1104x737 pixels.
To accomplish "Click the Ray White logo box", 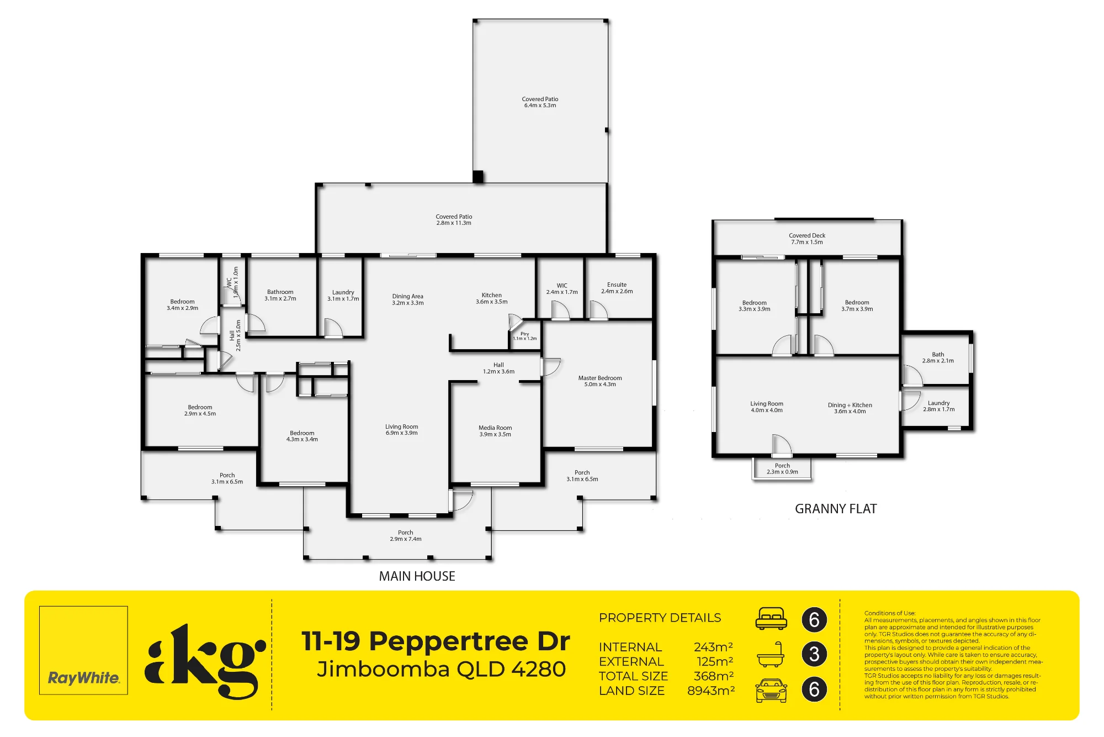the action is pos(83,650).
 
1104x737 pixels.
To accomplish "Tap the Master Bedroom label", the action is pos(600,381).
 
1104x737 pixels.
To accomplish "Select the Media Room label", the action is pos(495,431).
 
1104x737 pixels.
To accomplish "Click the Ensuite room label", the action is pos(617,288).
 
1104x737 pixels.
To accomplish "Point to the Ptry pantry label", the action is pos(524,336).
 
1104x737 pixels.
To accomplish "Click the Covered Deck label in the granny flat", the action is pos(807,239).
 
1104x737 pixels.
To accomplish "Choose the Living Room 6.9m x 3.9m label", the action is pos(402,430).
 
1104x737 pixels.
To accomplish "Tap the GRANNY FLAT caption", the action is pos(836,509).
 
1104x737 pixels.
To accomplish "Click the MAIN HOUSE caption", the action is pos(417,576).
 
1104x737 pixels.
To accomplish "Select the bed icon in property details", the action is pos(771,619).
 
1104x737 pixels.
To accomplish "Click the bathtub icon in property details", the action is pos(771,654).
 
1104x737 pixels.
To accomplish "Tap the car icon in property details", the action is pos(771,690).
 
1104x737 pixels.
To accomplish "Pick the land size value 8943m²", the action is pos(711,691).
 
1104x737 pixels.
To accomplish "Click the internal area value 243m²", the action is pos(713,647).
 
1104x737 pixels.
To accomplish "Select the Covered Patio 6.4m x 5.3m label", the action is pos(540,102).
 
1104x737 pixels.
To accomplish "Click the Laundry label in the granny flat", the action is pos(938,406).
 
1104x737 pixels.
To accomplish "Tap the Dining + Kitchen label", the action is pos(850,408).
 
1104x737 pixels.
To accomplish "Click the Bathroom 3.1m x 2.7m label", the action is pos(280,295).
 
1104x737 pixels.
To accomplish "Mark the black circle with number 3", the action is pos(814,654).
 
